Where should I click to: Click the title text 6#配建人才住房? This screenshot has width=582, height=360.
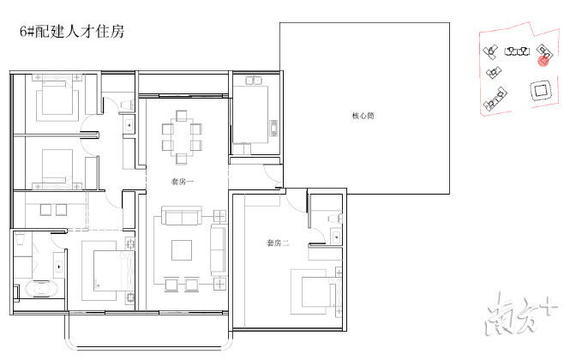coord(71,33)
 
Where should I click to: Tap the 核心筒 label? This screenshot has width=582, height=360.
coord(363,117)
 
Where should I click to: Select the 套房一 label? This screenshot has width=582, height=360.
coord(182,181)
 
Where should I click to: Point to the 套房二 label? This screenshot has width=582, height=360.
coord(278,243)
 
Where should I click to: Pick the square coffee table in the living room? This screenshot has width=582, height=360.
coord(183,249)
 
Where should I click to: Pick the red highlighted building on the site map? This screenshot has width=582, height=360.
coord(543,59)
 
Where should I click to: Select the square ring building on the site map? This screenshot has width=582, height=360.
coord(540,91)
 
